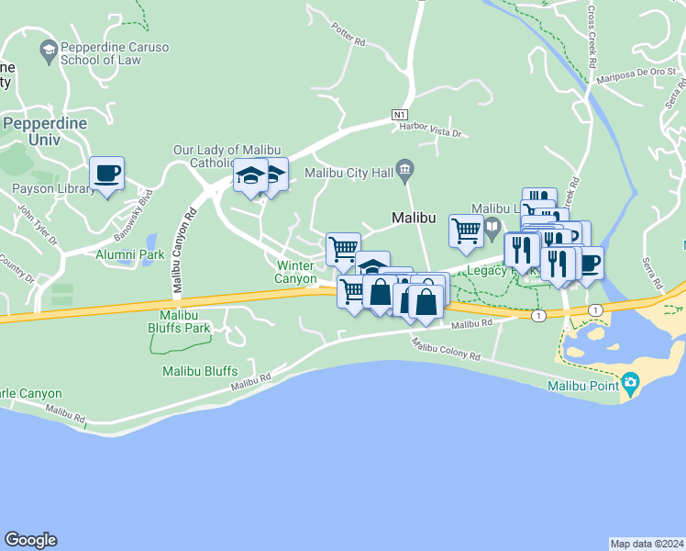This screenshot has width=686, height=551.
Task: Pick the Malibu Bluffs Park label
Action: (180, 328)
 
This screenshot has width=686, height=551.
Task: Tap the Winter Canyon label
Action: (296, 272)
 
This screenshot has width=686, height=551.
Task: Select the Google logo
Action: (30, 540)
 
